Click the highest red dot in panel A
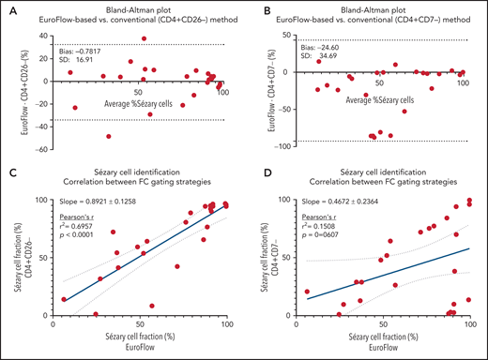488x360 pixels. tap(144, 39)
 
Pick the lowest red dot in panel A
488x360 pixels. tap(109, 136)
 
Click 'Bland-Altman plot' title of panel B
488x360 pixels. tap(375, 8)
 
